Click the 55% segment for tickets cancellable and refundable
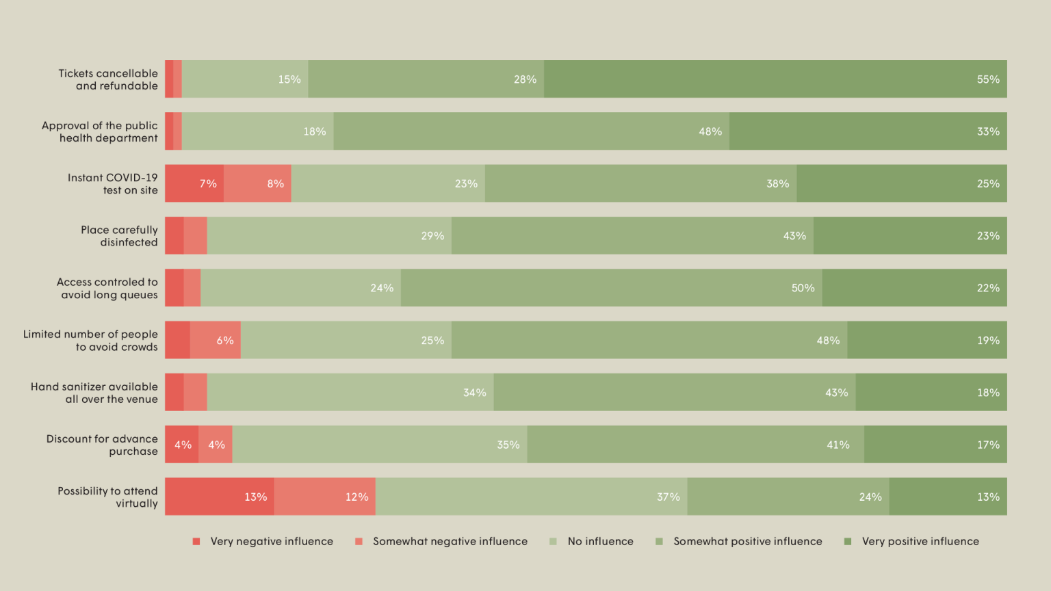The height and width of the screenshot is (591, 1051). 775,79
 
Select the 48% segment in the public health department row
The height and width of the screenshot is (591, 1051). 531,131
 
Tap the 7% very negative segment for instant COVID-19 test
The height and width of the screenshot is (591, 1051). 194,183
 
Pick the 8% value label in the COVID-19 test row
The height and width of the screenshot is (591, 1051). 275,183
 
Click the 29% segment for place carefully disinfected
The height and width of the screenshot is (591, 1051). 329,236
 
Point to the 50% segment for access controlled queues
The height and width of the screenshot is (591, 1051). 611,288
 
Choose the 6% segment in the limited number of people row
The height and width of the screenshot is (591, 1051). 216,341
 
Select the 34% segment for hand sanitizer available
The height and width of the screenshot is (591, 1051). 350,393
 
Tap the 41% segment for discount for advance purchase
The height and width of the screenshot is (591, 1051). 695,445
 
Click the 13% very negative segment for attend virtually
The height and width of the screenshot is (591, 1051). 220,497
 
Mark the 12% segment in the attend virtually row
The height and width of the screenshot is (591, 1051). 325,497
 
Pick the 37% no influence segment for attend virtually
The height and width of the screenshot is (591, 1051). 531,497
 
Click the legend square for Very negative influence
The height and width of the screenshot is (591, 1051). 196,542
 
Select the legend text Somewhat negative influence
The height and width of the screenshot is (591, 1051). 450,542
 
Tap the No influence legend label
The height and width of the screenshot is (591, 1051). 600,542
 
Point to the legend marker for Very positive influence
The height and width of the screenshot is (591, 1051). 848,542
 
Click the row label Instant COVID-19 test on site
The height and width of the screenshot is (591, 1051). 112,184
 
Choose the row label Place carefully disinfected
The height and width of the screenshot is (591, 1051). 119,236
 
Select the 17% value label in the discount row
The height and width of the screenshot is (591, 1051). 988,445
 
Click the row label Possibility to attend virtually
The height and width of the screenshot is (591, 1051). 107,497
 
